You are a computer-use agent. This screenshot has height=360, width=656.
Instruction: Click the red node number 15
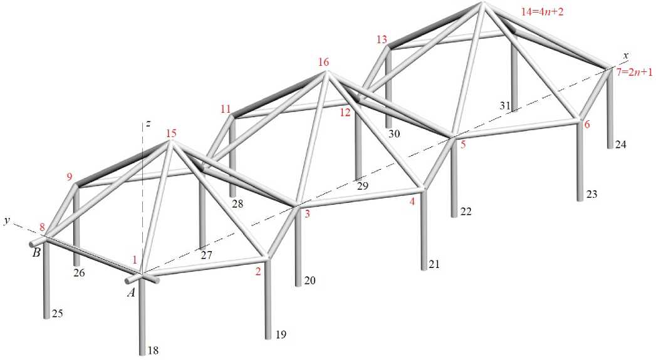click(172, 133)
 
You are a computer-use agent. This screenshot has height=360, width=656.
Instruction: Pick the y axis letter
click(7, 220)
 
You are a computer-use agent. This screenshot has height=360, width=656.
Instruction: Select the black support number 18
click(152, 350)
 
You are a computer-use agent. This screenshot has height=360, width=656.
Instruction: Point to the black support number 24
click(620, 145)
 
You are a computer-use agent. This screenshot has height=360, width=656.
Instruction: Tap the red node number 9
click(70, 177)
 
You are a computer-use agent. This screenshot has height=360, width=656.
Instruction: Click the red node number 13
click(382, 39)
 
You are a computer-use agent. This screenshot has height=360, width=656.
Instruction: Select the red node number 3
click(307, 214)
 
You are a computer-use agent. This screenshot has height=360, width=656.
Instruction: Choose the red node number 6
click(587, 125)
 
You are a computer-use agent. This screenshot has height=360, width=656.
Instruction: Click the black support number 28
click(237, 203)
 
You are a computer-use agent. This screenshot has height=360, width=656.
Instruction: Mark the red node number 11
click(226, 109)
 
